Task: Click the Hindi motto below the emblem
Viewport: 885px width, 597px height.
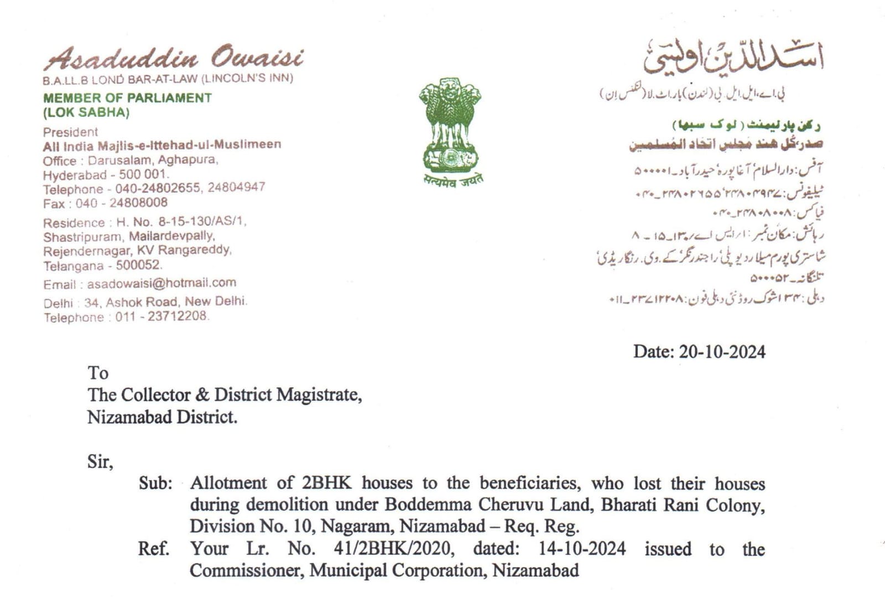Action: [x=453, y=180]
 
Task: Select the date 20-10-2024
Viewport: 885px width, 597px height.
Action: [x=722, y=351]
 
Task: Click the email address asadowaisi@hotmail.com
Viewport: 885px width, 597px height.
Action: [x=162, y=283]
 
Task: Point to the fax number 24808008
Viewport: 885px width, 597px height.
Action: [x=138, y=203]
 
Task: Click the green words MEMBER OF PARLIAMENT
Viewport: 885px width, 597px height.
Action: [x=127, y=98]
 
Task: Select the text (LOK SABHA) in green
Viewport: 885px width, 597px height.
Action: [x=86, y=112]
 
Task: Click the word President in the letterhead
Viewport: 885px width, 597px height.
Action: [x=70, y=132]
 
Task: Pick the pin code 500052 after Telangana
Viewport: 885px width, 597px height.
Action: [x=138, y=265]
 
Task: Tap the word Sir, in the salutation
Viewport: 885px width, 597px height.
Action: [x=100, y=461]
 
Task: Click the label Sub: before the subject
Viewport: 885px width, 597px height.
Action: [x=155, y=483]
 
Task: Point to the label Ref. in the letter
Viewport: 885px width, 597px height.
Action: [x=153, y=549]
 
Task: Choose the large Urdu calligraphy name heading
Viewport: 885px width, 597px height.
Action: [x=733, y=58]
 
